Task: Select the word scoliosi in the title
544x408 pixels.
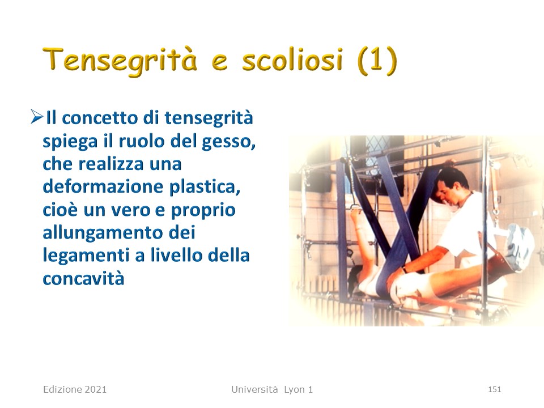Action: [292, 59]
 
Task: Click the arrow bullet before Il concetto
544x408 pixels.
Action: [36, 117]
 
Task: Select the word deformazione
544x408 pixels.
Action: [103, 186]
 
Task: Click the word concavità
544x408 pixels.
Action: [83, 279]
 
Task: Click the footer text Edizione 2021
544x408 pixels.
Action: [75, 389]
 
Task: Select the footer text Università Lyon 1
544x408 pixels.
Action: [272, 389]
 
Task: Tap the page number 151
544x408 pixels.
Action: [494, 389]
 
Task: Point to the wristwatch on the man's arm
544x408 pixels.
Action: [404, 268]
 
